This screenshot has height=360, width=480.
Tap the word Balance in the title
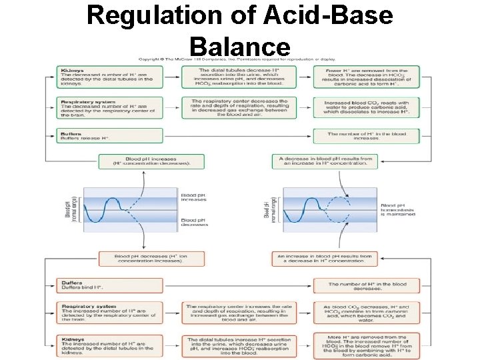point(240,46)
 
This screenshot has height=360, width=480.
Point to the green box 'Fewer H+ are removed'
point(366,77)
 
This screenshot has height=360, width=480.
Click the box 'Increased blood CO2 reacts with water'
point(366,108)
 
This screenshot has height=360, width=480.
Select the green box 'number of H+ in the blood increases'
point(366,135)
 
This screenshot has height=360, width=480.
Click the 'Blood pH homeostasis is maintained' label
point(397,210)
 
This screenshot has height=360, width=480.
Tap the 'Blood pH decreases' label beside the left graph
point(194,222)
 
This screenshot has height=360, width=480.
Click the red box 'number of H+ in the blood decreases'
point(366,285)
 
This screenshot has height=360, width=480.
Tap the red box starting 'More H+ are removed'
point(366,345)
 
